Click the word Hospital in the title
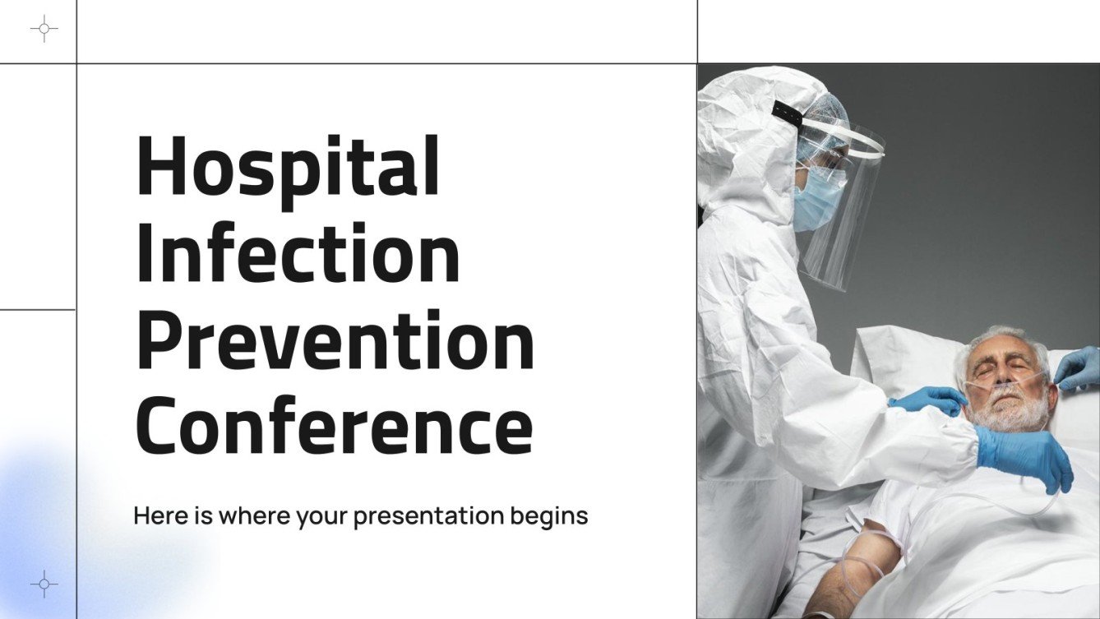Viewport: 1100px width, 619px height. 288,167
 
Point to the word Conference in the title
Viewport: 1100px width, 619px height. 334,425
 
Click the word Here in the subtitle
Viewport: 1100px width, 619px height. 155,516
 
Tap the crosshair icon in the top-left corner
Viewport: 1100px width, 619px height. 44,29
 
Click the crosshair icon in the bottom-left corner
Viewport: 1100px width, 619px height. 44,584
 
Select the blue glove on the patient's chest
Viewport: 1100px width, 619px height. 1024,456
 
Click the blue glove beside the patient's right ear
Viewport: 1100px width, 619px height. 1079,368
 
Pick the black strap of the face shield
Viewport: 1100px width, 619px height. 787,114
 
